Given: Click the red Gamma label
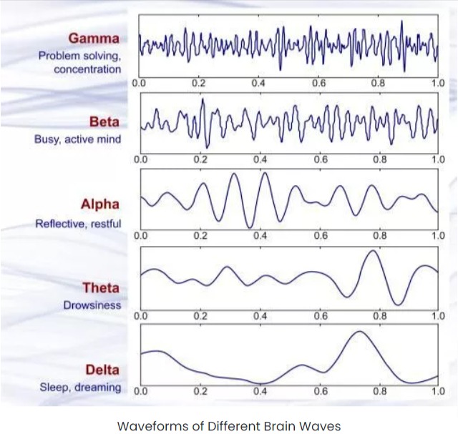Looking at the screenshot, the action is coord(94,39).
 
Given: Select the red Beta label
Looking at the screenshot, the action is coord(104,122).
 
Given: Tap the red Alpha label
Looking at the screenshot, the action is coord(100,204).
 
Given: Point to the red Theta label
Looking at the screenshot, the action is coord(101,287).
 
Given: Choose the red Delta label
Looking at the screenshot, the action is coord(102,370).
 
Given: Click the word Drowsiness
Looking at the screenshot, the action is coord(92,305).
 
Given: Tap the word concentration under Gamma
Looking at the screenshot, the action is coord(87,69).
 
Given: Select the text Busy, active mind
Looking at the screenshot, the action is coord(78,139).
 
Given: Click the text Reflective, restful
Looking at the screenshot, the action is coord(78,224).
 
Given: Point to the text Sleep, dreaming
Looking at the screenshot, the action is coord(80,388).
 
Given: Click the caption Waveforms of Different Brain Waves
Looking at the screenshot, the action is coord(229,426).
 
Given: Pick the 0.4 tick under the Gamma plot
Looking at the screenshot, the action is coord(258,84).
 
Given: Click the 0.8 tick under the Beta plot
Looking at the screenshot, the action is coord(380,159).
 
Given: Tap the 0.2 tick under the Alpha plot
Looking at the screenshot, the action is coord(200,235).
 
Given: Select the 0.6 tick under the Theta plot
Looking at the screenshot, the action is coord(321,316).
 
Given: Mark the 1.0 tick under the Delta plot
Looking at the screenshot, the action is coord(439,391).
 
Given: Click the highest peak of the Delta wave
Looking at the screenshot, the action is coord(360,331).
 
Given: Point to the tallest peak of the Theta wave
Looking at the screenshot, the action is coord(373,250).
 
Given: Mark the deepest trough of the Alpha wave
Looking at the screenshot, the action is coord(250,227).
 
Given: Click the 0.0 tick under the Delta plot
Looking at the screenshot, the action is coord(141,391).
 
